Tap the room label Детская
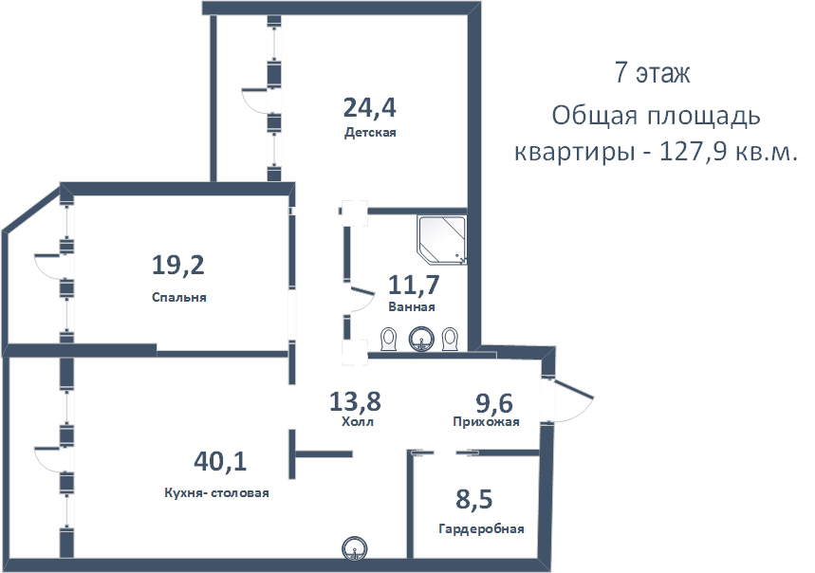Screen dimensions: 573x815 [x=370, y=134]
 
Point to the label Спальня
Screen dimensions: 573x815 [x=178, y=297]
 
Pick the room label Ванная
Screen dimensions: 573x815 [x=412, y=307]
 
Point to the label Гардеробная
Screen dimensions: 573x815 [x=481, y=529]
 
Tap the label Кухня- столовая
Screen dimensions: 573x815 [x=216, y=492]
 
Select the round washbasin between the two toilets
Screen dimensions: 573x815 [x=420, y=338]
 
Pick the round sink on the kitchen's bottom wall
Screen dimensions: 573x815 [x=354, y=547]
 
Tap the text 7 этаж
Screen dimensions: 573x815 [x=652, y=74]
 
